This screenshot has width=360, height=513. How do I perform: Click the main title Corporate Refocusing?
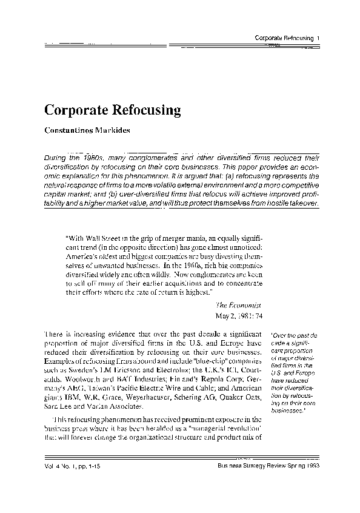(113, 110)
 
